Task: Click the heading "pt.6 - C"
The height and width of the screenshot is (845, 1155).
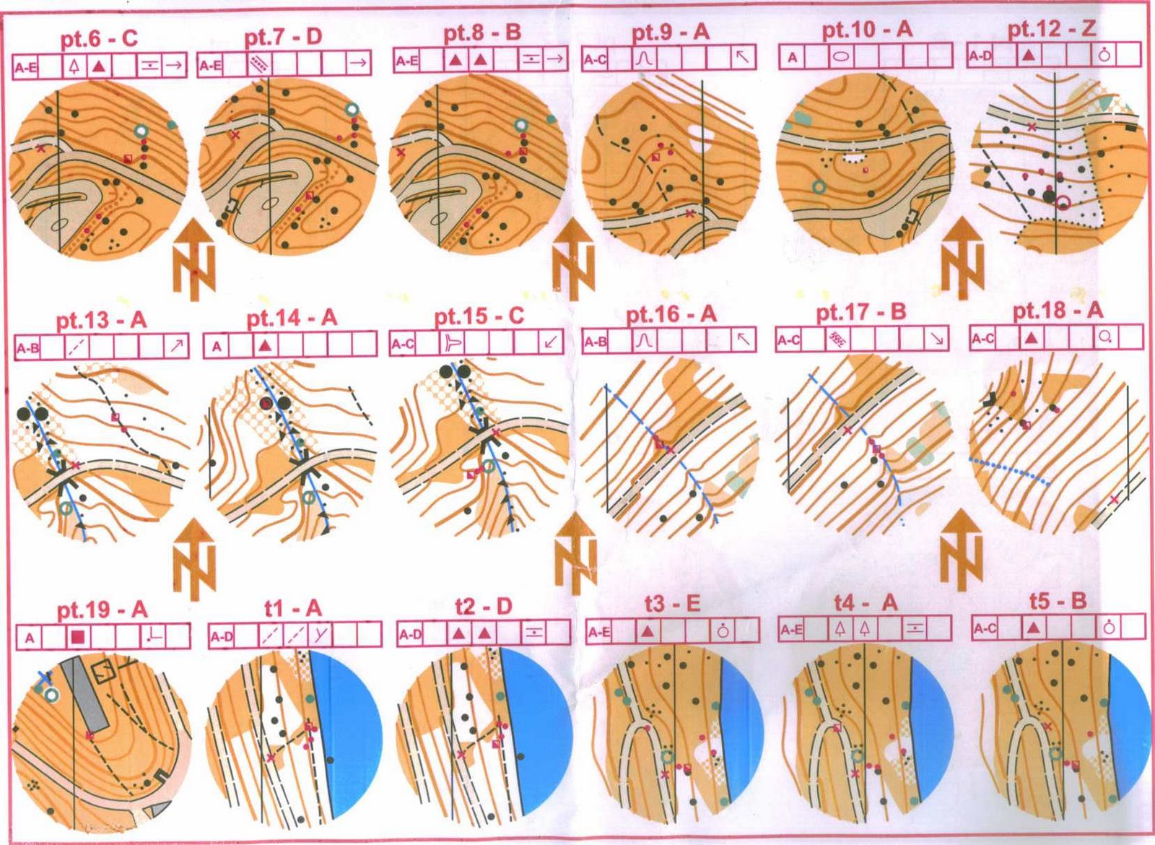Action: coord(100,40)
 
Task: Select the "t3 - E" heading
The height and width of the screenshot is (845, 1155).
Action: coord(671,604)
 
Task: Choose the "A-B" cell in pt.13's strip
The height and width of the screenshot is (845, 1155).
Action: coord(27,347)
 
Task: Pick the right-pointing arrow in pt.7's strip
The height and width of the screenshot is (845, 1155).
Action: coord(358,63)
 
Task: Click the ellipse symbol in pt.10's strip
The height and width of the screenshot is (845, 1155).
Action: coord(841,57)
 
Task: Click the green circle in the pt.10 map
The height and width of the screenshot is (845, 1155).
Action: coord(818,187)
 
